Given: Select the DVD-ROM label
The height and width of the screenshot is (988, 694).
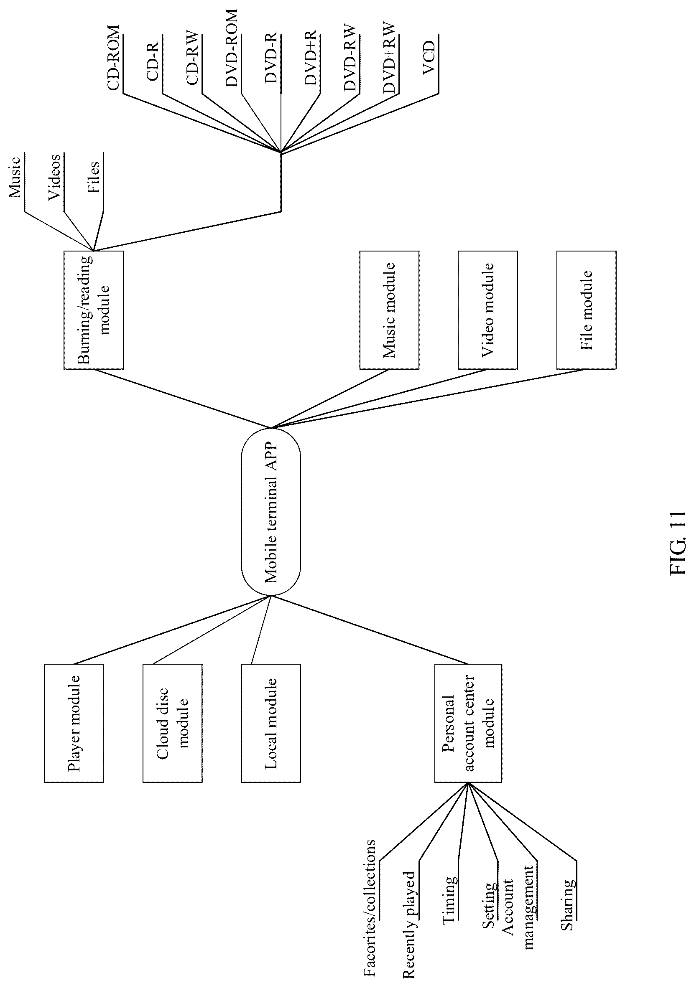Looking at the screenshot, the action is coord(231,48).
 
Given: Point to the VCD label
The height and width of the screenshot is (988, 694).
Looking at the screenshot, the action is coord(429,58).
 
